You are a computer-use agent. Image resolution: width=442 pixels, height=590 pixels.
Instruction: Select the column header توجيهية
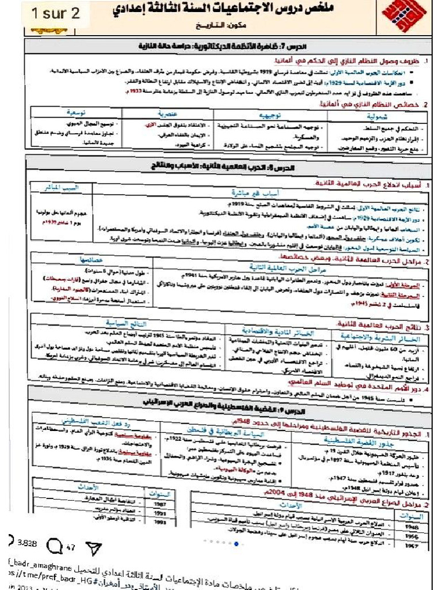[269, 115]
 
